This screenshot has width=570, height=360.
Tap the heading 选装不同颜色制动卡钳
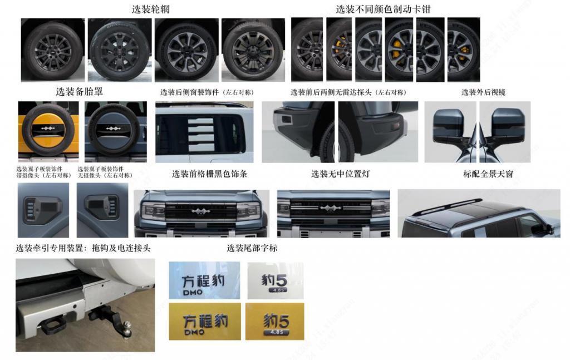point(383,9)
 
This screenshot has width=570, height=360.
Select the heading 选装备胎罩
point(79,91)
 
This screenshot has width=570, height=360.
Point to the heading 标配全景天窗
point(488,174)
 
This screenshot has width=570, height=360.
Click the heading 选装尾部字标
point(252,248)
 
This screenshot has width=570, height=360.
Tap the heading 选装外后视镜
point(479,92)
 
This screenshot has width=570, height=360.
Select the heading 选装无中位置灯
point(340,174)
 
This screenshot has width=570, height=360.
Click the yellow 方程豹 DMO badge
point(205,322)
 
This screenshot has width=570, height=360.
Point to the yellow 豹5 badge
point(275,322)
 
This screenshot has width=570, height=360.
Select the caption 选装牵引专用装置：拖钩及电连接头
point(83,248)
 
